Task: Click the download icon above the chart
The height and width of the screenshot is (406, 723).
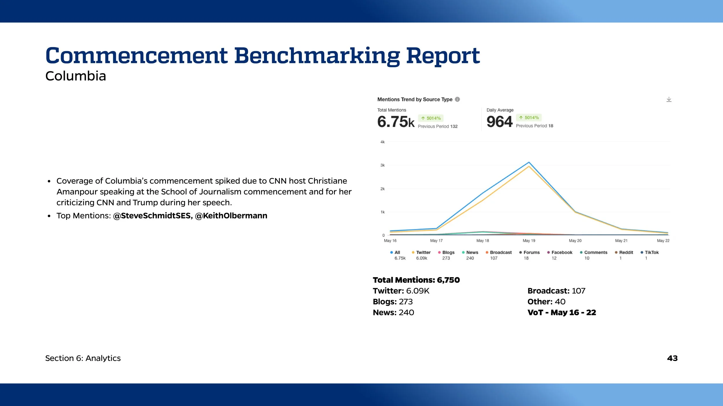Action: click(x=669, y=99)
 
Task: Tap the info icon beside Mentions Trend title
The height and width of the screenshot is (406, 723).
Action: click(x=457, y=99)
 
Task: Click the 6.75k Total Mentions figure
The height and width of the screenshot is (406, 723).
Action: click(x=396, y=122)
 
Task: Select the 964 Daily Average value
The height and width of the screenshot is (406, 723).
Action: click(x=499, y=122)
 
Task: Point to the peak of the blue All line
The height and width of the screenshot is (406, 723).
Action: click(x=529, y=162)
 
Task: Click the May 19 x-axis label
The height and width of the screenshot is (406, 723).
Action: click(x=529, y=241)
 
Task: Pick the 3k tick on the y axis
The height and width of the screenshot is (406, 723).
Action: click(x=382, y=165)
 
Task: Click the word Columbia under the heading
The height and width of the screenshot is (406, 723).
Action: click(x=76, y=76)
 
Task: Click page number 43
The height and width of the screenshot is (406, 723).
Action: click(x=672, y=358)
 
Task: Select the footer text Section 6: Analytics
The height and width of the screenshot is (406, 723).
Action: click(x=83, y=358)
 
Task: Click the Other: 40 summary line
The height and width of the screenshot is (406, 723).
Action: click(x=546, y=301)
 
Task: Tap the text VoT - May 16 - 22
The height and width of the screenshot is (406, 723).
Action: click(x=562, y=312)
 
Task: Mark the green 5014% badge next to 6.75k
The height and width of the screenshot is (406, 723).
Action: click(x=431, y=118)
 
